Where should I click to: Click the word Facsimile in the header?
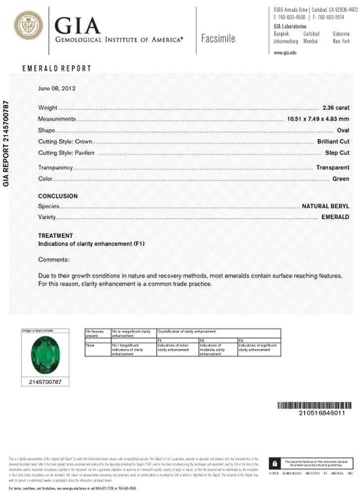click(218, 39)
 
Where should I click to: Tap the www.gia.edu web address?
click(285, 52)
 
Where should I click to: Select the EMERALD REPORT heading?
click(57, 69)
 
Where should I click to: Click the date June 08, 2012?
click(57, 89)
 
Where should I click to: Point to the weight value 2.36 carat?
click(336, 107)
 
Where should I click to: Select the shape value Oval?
click(343, 131)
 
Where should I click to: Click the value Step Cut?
click(337, 153)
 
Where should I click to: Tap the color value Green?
click(341, 179)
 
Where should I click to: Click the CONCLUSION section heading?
click(58, 196)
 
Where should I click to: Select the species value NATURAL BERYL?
click(325, 205)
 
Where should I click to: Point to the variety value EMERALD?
click(335, 217)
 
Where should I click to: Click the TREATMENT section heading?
click(55, 236)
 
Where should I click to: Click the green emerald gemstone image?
click(45, 355)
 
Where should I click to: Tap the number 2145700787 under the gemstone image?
click(45, 382)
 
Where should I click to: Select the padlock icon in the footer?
click(273, 464)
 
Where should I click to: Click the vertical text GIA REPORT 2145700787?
click(6, 144)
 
